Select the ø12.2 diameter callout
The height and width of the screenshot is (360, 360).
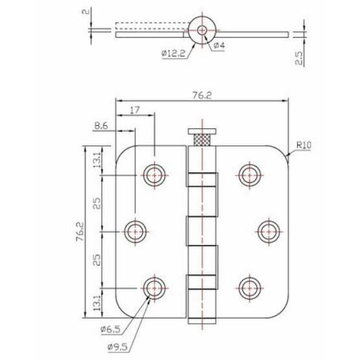[x=174, y=53]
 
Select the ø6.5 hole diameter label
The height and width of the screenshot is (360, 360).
[x=110, y=330]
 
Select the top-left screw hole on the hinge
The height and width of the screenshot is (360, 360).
[x=154, y=173]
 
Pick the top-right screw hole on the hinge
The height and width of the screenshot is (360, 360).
[x=248, y=173]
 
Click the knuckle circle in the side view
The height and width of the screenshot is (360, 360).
[x=202, y=30]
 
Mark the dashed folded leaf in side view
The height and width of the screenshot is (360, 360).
[x=150, y=27]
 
